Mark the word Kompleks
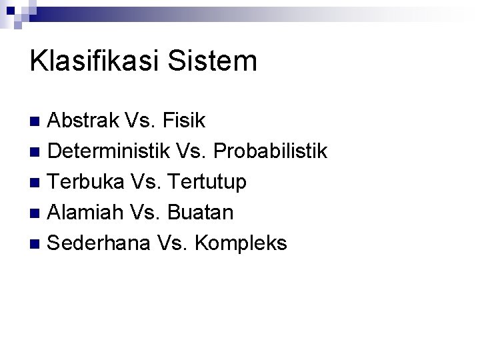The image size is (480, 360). tap(240, 243)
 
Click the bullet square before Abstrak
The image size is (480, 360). tap(37, 121)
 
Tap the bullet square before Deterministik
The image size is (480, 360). tap(37, 152)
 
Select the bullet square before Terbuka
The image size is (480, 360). tap(37, 183)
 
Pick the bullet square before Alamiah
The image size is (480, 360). tap(37, 213)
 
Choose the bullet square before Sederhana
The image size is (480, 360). tap(37, 244)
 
